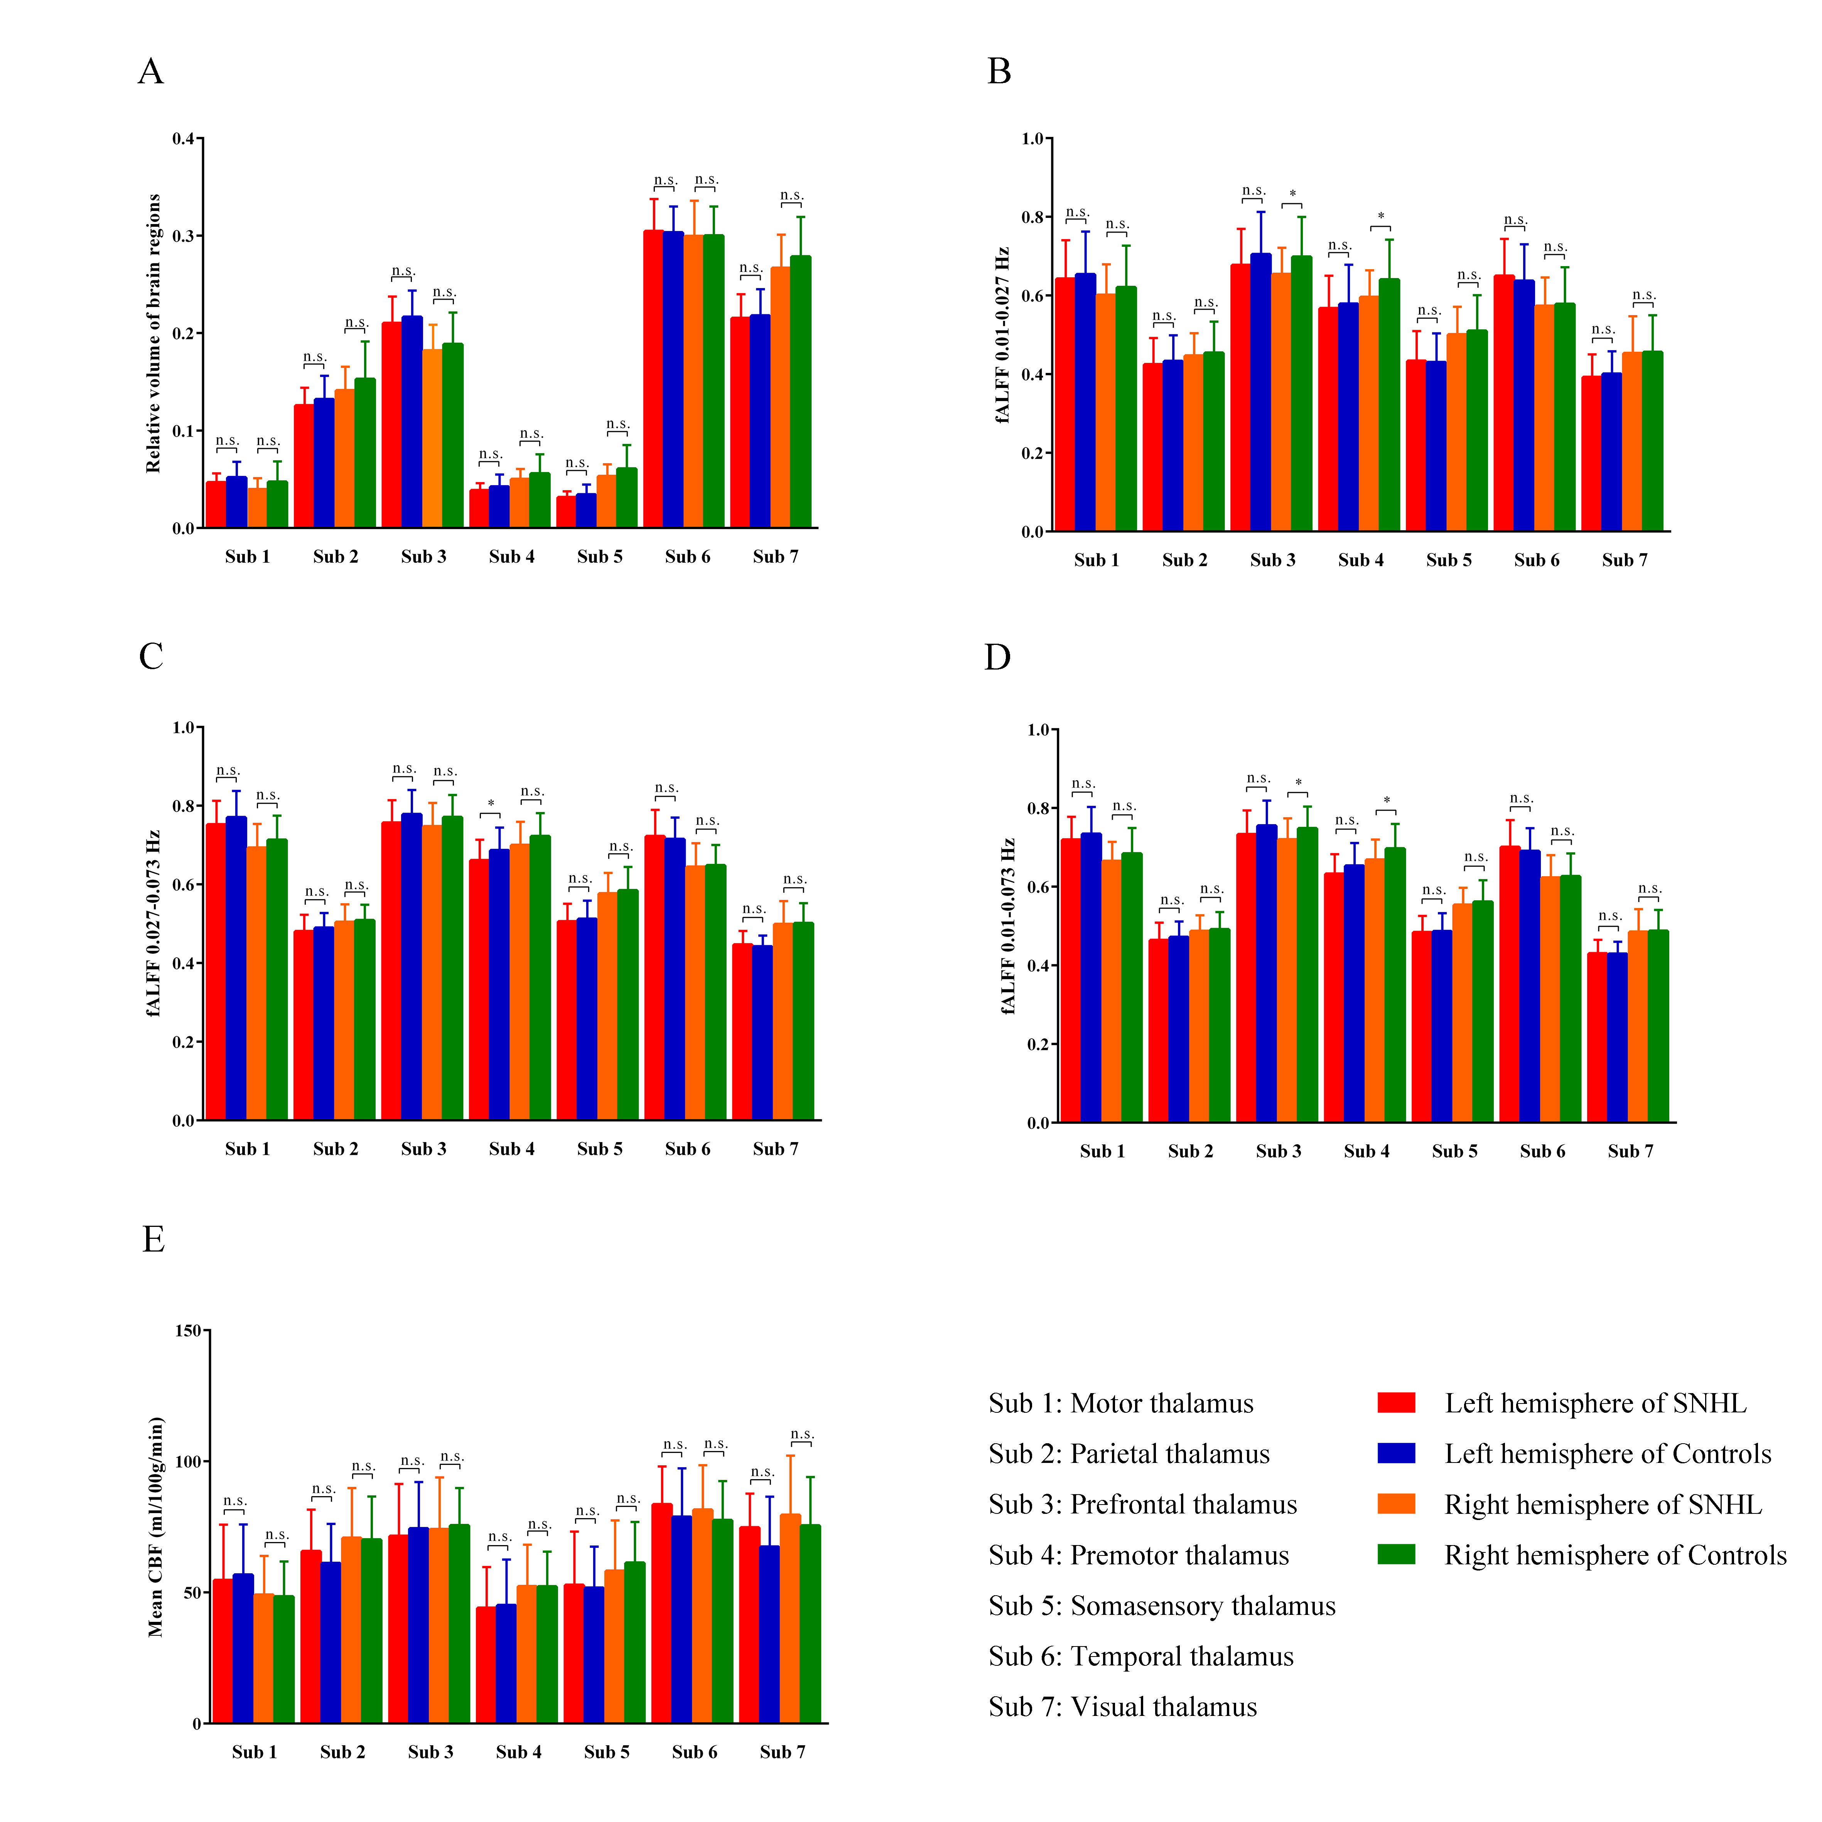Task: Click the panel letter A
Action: (x=151, y=72)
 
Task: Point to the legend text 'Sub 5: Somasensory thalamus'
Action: (x=1162, y=1606)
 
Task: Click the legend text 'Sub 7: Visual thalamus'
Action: (x=1122, y=1707)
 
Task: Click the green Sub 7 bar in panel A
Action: (x=801, y=391)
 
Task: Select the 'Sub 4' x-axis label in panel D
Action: (x=1366, y=1152)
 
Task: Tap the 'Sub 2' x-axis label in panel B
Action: (x=1184, y=560)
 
